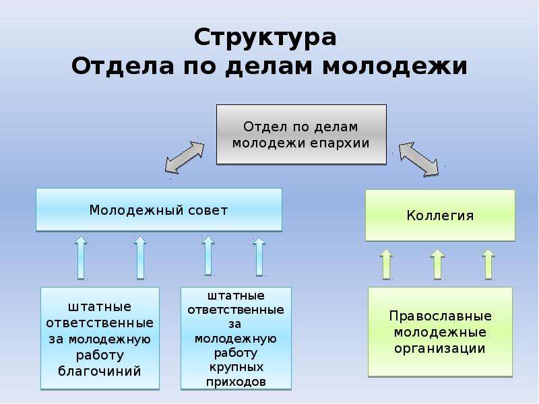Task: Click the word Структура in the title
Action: tap(265, 38)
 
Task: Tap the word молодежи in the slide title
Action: tap(395, 65)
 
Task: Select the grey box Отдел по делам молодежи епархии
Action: tap(301, 134)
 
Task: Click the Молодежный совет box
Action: tap(159, 209)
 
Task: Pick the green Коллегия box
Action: tap(440, 215)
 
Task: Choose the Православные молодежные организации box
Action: tap(440, 332)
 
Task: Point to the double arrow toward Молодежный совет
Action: tap(185, 158)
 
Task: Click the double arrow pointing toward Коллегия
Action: tap(418, 160)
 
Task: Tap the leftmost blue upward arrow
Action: tap(81, 257)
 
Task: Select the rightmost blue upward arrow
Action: tap(259, 257)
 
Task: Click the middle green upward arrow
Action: tap(437, 263)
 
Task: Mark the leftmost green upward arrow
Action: tap(386, 263)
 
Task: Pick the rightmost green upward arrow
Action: tap(488, 263)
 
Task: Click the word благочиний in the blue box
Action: tap(100, 372)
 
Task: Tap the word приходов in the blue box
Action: tap(236, 382)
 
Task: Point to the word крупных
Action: tap(236, 367)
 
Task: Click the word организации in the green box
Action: tap(440, 349)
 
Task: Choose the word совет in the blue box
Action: tap(208, 210)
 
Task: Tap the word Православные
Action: tap(440, 316)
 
